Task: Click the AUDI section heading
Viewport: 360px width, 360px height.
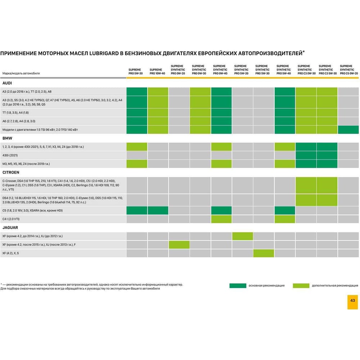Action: [7, 83]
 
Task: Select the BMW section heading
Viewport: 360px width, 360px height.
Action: [7, 138]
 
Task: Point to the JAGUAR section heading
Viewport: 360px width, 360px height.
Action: [10, 228]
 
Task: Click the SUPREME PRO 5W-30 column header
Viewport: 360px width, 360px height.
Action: [135, 71]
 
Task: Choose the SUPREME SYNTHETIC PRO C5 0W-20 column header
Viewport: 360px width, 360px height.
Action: [349, 69]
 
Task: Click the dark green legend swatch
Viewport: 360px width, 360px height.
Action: [238, 285]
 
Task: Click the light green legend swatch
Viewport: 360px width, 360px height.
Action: [301, 285]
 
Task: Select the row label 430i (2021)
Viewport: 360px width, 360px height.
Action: [10, 155]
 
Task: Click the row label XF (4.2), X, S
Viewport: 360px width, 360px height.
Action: [10, 253]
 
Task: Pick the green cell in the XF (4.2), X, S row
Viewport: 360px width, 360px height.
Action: [264, 253]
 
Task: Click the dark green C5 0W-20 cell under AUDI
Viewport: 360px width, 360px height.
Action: [348, 130]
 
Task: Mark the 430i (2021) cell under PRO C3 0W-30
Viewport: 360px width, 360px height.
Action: [306, 155]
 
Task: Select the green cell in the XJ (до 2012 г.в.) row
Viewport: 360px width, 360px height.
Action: [242, 236]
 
